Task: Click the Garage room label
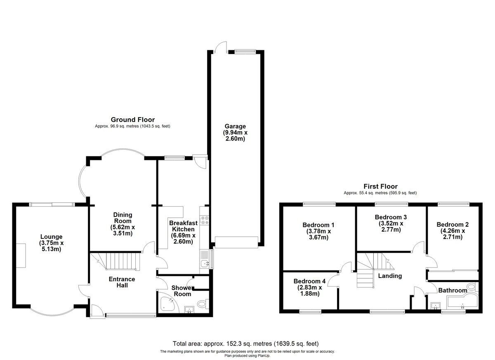coord(235,126)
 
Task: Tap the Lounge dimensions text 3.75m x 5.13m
coord(51,246)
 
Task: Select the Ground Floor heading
coord(132,120)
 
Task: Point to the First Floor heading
coord(380,186)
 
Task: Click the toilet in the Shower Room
coord(203,304)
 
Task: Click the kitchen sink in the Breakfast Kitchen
coord(205,263)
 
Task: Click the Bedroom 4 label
coord(309,281)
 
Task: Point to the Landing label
coord(390,276)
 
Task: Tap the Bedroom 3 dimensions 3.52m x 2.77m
coord(391,227)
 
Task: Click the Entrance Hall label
coord(122,282)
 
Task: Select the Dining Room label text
coord(123,218)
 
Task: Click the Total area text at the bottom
coord(245,344)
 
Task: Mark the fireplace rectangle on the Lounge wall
coord(21,256)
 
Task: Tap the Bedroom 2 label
coord(453,225)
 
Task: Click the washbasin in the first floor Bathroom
coord(436,306)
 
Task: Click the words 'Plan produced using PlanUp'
coord(247,355)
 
